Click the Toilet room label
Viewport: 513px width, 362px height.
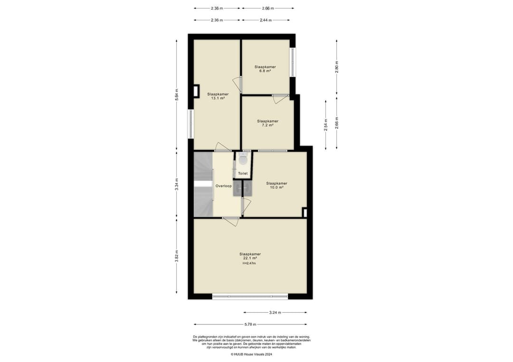pyautogui.click(x=243, y=174)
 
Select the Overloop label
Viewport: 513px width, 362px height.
pyautogui.click(x=223, y=186)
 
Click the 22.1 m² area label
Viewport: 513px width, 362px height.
pyautogui.click(x=250, y=258)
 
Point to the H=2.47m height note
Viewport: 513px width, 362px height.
pyautogui.click(x=249, y=263)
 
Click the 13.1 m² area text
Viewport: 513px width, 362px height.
pyautogui.click(x=218, y=98)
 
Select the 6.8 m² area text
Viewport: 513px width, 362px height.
pyautogui.click(x=265, y=71)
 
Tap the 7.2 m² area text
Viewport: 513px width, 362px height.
pyautogui.click(x=267, y=125)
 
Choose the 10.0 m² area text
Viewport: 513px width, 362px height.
pyautogui.click(x=276, y=187)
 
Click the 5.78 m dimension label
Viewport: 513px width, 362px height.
pyautogui.click(x=250, y=325)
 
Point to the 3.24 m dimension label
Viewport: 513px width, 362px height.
pyautogui.click(x=275, y=313)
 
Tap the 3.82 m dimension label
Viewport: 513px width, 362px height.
pyautogui.click(x=177, y=256)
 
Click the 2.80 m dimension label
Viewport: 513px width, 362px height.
pyautogui.click(x=337, y=67)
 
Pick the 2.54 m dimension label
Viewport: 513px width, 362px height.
pyautogui.click(x=326, y=125)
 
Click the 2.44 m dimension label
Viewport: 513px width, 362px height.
pyautogui.click(x=266, y=20)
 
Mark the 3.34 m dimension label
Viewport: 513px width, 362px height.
pyautogui.click(x=177, y=184)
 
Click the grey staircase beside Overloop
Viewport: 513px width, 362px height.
pyautogui.click(x=203, y=184)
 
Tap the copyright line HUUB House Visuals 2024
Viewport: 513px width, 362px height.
pyautogui.click(x=251, y=354)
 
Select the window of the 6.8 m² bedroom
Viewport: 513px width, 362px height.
pyautogui.click(x=293, y=63)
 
